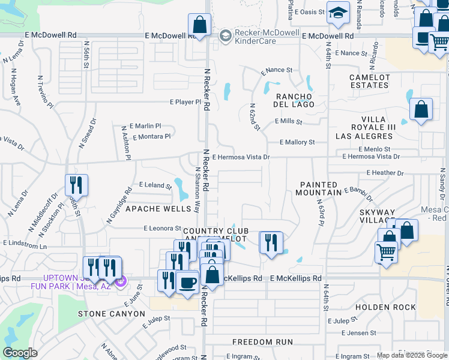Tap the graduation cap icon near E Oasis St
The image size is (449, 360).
click(338, 12)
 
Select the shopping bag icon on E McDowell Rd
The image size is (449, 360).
click(199, 25)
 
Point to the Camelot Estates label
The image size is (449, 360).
click(369, 82)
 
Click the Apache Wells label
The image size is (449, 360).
click(149, 209)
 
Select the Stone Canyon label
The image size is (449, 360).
click(112, 314)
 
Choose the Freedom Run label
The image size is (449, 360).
click(263, 342)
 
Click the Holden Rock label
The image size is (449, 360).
click(385, 307)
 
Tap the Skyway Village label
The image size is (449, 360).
click(378, 217)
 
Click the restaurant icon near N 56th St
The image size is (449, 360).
click(76, 185)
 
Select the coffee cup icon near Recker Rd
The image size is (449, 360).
click(187, 281)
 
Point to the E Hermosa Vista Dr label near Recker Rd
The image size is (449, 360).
click(241, 157)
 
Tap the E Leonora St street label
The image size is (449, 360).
click(163, 229)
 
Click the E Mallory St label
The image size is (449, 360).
click(297, 142)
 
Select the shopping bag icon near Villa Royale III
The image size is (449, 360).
click(421, 109)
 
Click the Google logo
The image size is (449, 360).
click(20, 353)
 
